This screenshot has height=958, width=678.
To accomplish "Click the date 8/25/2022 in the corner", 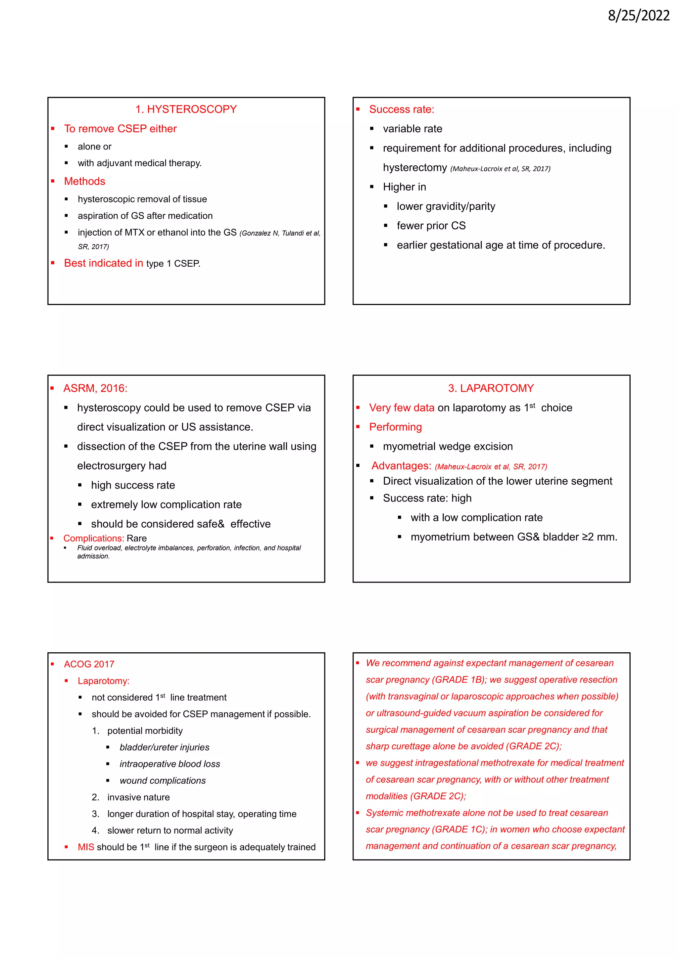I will (x=638, y=16).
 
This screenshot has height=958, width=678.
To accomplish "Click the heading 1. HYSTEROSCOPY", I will (x=186, y=109).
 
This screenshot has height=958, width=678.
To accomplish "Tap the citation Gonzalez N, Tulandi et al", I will (x=280, y=233).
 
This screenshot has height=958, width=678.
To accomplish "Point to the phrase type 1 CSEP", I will (x=173, y=264).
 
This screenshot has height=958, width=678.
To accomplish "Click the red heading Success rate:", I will (x=401, y=109).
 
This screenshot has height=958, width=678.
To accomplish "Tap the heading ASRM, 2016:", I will (x=95, y=388).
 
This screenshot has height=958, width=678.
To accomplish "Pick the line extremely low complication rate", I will (x=166, y=504).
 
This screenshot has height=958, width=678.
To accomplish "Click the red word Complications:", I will (x=93, y=538).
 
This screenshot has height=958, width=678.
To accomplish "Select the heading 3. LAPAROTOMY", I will (x=491, y=388).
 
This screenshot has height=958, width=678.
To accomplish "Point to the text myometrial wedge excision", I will (x=448, y=447).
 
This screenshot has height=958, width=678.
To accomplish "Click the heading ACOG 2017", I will (x=89, y=664).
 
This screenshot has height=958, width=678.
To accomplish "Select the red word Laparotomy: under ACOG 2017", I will (x=104, y=681).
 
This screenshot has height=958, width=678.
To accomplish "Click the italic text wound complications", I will (x=163, y=781).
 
